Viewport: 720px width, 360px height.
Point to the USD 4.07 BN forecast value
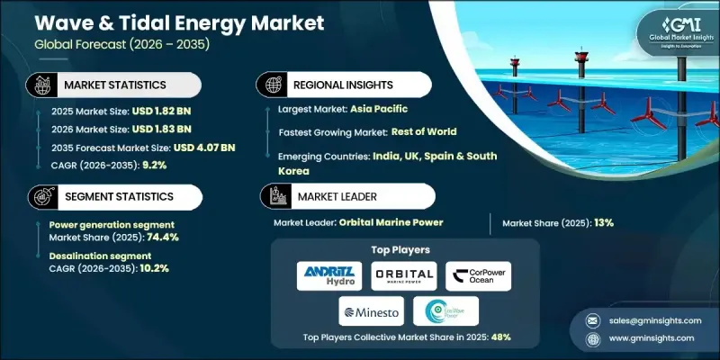[205, 148]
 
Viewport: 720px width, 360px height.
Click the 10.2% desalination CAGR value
[153, 267]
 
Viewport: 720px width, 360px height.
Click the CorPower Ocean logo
[478, 275]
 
